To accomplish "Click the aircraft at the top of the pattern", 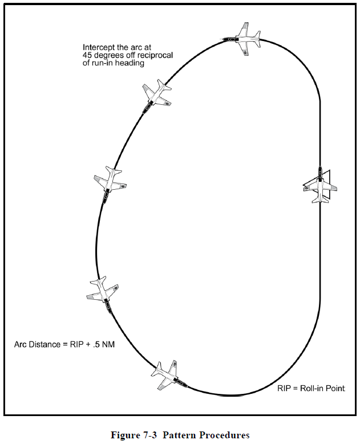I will click(x=242, y=39).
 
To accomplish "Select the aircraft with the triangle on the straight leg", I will click(x=319, y=185).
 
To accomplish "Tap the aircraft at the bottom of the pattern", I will click(x=167, y=376).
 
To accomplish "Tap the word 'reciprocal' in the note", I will click(x=156, y=55).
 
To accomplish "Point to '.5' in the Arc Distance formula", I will click(x=91, y=344).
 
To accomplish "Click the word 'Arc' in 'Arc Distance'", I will click(x=21, y=344).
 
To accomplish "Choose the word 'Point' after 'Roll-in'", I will click(x=336, y=388).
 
